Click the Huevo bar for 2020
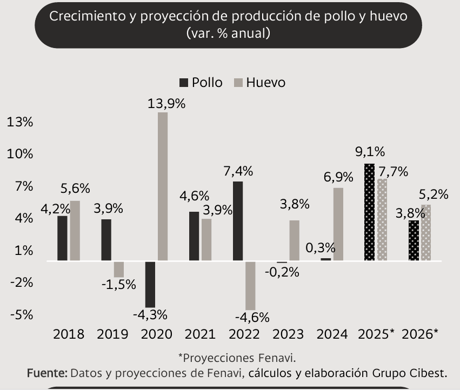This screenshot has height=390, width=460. pyautogui.click(x=163, y=186)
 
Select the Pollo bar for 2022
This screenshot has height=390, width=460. pyautogui.click(x=238, y=221)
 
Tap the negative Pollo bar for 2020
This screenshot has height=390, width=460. pyautogui.click(x=150, y=284)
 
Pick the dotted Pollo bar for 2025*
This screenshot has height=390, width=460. pyautogui.click(x=369, y=212)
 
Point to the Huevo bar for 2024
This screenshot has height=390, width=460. pyautogui.click(x=338, y=224)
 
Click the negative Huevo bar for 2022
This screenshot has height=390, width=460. pyautogui.click(x=250, y=285)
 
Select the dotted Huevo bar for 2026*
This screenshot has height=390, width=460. pyautogui.click(x=426, y=233)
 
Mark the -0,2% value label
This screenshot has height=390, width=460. pyautogui.click(x=282, y=272)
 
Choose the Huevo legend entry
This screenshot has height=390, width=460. pyautogui.click(x=259, y=83)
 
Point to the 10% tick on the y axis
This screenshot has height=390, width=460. pyautogui.click(x=20, y=154)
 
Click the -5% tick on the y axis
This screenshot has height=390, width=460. pyautogui.click(x=20, y=314)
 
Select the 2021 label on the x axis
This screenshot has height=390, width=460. pyautogui.click(x=200, y=334)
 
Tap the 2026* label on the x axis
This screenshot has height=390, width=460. pyautogui.click(x=420, y=334)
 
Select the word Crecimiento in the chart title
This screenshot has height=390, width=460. pyautogui.click(x=84, y=16)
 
